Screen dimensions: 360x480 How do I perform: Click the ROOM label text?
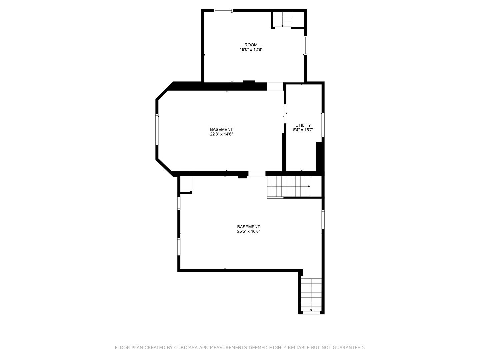coord(251,45)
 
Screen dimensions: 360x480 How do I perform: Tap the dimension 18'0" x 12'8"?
coord(249,50)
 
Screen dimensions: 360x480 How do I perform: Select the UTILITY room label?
coord(303,125)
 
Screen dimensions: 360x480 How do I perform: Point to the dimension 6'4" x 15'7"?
coord(303,130)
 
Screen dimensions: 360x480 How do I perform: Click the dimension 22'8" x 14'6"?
coord(221,134)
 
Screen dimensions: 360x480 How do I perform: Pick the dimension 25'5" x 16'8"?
coord(248,231)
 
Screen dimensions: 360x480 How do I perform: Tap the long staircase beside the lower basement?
coord(289,187)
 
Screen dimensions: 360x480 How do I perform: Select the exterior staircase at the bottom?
coord(311,295)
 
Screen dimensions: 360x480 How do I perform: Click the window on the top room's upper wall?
coord(223,11)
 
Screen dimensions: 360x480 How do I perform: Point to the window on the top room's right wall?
coord(305,45)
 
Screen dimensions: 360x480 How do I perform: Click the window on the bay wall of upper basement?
coord(157,130)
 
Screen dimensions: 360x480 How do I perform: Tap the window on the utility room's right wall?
coord(323,125)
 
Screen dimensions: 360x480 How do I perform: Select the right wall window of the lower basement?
coord(323,219)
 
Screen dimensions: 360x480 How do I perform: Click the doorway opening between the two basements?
coord(257,174)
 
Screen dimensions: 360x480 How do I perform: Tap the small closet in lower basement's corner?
coord(186,184)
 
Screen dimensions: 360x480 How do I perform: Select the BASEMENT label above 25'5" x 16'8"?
coord(248,227)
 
